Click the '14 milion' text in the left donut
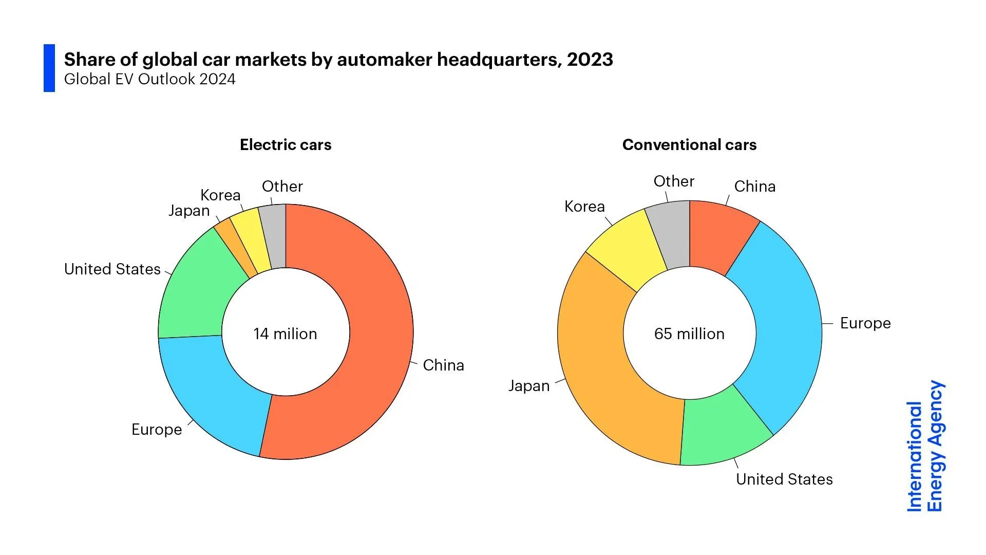(285, 334)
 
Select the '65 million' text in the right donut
(689, 334)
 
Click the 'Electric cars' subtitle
(286, 145)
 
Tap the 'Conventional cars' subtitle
(689, 145)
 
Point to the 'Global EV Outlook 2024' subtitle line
(149, 79)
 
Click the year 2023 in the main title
(590, 60)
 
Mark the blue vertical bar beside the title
(49, 68)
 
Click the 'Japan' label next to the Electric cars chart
(189, 211)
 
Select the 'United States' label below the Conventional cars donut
(784, 479)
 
